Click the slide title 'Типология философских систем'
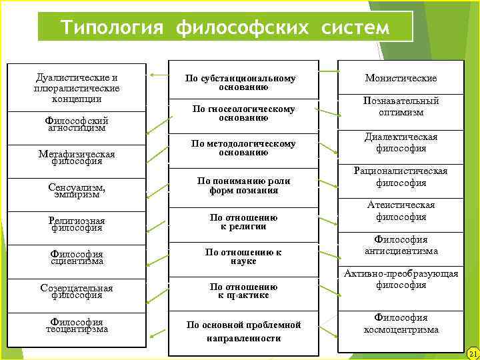tap(225, 27)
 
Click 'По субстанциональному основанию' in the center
tap(240, 83)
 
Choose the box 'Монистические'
tap(401, 78)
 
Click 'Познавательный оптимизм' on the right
tap(401, 107)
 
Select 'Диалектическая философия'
tap(401, 143)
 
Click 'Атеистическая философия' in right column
tap(401, 211)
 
